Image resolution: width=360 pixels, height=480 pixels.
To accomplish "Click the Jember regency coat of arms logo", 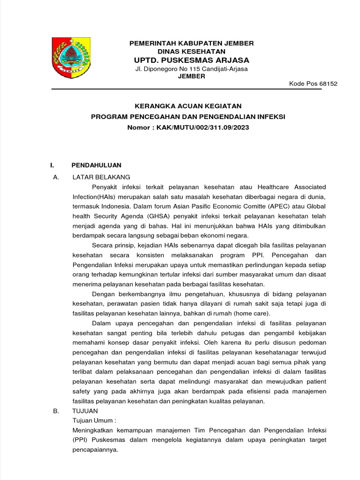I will coord(71,59).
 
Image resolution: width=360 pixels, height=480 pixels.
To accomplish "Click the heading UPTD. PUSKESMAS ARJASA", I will coord(191,60).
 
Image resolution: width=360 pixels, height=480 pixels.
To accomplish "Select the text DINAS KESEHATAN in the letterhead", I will coord(191,51).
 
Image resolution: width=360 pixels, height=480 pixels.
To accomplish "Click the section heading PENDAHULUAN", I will coord(96,165).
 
